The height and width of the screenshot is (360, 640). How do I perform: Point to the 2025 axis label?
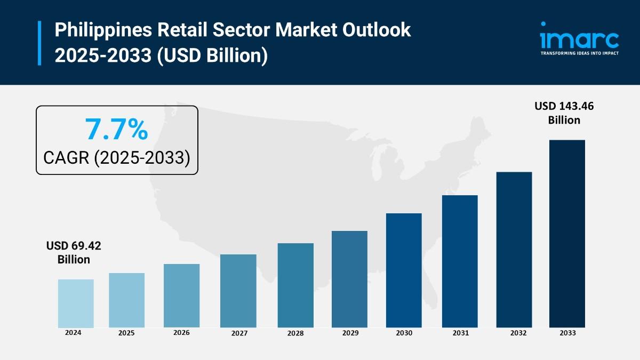(126, 333)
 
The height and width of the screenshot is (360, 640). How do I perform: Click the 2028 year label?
(295, 333)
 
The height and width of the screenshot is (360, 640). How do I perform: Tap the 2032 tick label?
(518, 333)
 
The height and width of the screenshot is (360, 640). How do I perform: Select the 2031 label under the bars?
(460, 333)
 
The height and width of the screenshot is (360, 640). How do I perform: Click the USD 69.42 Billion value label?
(74, 253)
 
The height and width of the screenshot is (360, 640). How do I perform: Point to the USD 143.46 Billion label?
(564, 113)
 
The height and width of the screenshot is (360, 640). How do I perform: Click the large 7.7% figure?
(116, 129)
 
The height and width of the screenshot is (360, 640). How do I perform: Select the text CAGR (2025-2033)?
(117, 158)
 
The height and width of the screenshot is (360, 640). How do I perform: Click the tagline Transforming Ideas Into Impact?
(579, 53)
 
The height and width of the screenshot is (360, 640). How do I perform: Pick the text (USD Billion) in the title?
(212, 55)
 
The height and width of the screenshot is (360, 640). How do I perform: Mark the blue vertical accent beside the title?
(39, 43)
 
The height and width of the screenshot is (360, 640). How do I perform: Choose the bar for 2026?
(181, 295)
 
